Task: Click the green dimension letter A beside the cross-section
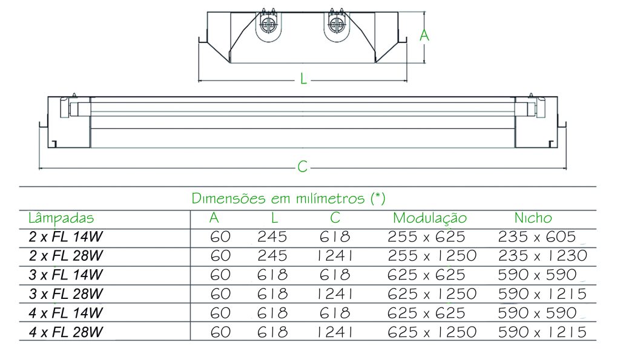pyautogui.click(x=424, y=35)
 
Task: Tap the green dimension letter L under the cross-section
pyautogui.click(x=303, y=79)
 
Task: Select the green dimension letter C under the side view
pyautogui.click(x=303, y=166)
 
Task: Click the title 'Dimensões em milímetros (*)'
pyautogui.click(x=288, y=198)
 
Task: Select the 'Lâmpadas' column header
pyautogui.click(x=61, y=218)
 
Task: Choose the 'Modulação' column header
pyautogui.click(x=430, y=218)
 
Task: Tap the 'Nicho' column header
pyautogui.click(x=533, y=218)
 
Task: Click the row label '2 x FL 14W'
pyautogui.click(x=65, y=237)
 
